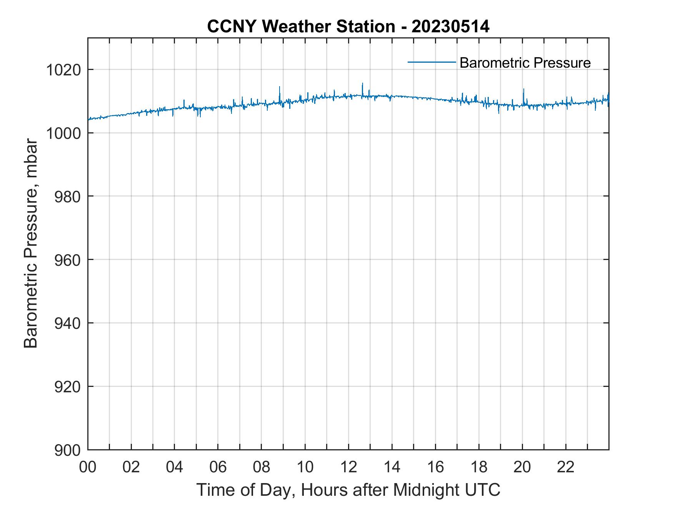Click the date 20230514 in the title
click(x=450, y=27)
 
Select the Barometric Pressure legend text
click(x=525, y=63)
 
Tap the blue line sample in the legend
click(x=432, y=62)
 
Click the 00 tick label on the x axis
click(x=88, y=467)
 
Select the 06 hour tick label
click(x=218, y=467)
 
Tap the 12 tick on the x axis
click(x=348, y=467)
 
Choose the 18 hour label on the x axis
click(x=479, y=467)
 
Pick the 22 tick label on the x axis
click(x=566, y=467)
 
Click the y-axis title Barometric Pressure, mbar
click(x=31, y=244)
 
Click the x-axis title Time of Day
click(x=348, y=490)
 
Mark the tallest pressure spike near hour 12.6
click(x=362, y=84)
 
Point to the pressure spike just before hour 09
click(x=280, y=88)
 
